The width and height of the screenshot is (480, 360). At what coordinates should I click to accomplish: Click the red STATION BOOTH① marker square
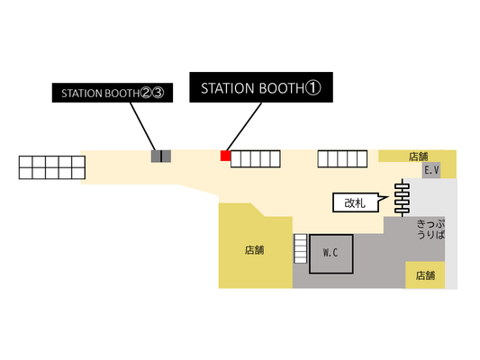tap(225, 156)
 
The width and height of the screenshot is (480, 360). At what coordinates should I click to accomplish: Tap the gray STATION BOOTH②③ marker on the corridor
tap(161, 156)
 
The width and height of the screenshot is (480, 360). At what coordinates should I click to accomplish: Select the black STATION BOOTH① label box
tap(261, 87)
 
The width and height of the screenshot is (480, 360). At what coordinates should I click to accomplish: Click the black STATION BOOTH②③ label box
tap(113, 93)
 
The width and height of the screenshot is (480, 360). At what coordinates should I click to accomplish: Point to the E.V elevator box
tap(431, 170)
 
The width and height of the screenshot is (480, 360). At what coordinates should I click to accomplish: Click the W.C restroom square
tap(331, 254)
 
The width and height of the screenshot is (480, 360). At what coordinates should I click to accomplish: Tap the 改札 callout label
tap(356, 202)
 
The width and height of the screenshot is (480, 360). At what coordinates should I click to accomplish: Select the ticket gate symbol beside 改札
tap(402, 198)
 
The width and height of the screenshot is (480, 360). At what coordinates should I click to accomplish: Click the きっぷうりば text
tap(430, 229)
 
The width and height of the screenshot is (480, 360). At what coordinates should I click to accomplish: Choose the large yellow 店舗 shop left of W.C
tap(255, 250)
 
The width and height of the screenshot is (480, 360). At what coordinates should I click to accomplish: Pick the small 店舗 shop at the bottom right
tap(425, 275)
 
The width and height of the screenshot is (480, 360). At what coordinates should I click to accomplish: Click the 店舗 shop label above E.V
tap(418, 157)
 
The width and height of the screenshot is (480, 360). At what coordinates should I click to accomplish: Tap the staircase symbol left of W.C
tap(300, 248)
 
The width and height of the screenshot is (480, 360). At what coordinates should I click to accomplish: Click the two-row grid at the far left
tap(52, 167)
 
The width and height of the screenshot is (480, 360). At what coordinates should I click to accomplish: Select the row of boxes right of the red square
tap(255, 158)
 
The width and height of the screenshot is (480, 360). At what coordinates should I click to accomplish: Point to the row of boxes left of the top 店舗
tap(342, 158)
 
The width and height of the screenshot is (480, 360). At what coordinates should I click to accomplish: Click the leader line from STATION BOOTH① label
tap(244, 127)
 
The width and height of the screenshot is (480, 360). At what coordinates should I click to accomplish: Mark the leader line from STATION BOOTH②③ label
tap(142, 126)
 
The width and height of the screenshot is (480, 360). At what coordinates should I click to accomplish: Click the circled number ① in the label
tap(312, 88)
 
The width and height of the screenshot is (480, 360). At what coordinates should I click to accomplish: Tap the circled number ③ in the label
tap(158, 93)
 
